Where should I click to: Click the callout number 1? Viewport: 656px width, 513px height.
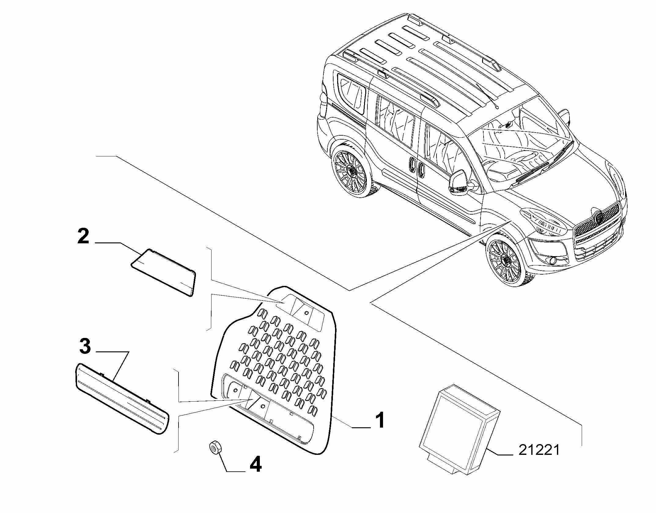380,420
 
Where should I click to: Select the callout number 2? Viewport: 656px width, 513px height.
83,237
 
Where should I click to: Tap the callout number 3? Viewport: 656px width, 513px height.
85,347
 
